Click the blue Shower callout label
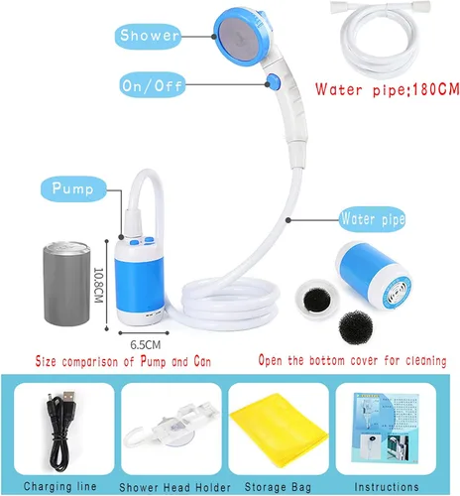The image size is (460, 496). [148, 36]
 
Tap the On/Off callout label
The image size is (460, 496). [152, 85]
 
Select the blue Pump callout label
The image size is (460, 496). [73, 188]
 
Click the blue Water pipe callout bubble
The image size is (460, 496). [373, 219]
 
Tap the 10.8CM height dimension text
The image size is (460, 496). [98, 285]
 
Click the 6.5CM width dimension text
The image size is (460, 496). [146, 345]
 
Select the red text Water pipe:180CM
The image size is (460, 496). [388, 89]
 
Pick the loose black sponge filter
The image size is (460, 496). [356, 328]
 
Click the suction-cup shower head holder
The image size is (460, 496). [172, 425]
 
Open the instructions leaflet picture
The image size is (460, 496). [386, 429]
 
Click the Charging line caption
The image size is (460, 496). [60, 486]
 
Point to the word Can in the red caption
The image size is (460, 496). [202, 361]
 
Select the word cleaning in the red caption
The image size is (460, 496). [426, 360]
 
